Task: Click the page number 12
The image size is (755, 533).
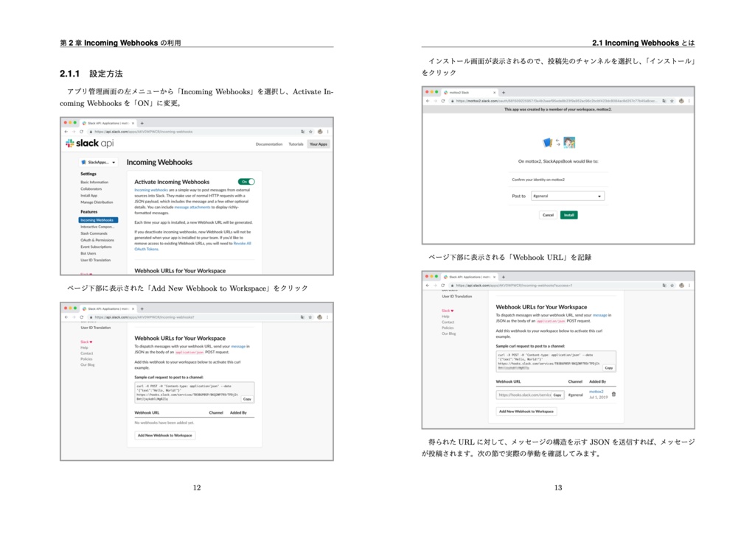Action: coord(197,487)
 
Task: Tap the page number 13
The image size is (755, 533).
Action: coord(558,487)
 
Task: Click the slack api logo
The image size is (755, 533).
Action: coord(89,144)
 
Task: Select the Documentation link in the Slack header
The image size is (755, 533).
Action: coord(269,144)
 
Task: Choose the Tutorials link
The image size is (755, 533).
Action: coord(296,144)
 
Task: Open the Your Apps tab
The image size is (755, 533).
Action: coord(319,144)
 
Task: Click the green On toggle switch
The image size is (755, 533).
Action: coord(246,181)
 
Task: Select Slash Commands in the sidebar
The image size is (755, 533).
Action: coord(94,233)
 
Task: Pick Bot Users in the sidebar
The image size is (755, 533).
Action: coord(89,253)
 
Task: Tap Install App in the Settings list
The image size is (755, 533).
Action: coord(89,195)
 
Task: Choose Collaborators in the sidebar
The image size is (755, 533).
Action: coord(91,188)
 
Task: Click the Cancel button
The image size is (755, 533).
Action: coord(548,215)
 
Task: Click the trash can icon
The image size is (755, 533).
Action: coord(613,394)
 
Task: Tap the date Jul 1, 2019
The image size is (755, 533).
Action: coord(597,397)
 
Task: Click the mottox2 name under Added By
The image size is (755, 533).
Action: coord(596,392)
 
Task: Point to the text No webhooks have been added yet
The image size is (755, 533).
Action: coord(164,423)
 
